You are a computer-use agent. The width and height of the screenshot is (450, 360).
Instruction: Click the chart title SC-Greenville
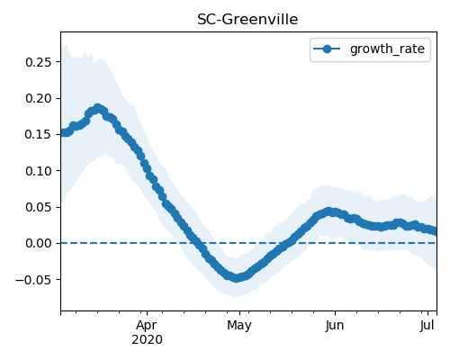tap(247, 20)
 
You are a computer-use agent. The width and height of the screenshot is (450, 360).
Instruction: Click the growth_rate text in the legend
tap(387, 49)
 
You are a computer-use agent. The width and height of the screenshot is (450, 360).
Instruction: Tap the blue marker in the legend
tap(327, 49)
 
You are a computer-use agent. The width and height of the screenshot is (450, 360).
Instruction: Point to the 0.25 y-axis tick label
tap(39, 62)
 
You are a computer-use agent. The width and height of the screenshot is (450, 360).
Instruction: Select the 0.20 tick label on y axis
tap(39, 98)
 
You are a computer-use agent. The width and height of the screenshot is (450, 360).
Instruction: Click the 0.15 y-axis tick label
tap(39, 134)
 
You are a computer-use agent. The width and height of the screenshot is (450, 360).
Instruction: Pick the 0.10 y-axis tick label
tap(39, 171)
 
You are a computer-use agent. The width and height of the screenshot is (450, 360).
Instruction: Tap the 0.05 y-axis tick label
tap(39, 207)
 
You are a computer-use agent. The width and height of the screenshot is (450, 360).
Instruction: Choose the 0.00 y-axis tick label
tap(39, 243)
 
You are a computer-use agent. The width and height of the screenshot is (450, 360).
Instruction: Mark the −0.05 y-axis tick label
tap(33, 280)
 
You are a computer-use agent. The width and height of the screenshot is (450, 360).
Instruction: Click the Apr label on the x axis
tap(147, 326)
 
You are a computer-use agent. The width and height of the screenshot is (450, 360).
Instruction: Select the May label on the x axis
tap(239, 326)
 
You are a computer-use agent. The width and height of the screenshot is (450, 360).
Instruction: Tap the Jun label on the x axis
tap(335, 325)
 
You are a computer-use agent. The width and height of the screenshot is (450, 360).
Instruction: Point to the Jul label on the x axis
tap(427, 325)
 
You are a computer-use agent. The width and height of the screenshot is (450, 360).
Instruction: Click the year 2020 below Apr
tap(147, 340)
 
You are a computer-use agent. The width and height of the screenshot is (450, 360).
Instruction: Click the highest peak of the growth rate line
tap(97, 108)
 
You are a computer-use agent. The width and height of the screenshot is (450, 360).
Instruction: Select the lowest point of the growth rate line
tap(237, 278)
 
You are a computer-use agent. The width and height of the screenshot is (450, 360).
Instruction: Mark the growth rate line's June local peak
tap(329, 211)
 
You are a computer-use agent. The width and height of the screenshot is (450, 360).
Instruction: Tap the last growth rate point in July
tap(435, 231)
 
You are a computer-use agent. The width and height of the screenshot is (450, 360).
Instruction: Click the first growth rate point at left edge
tap(62, 133)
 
